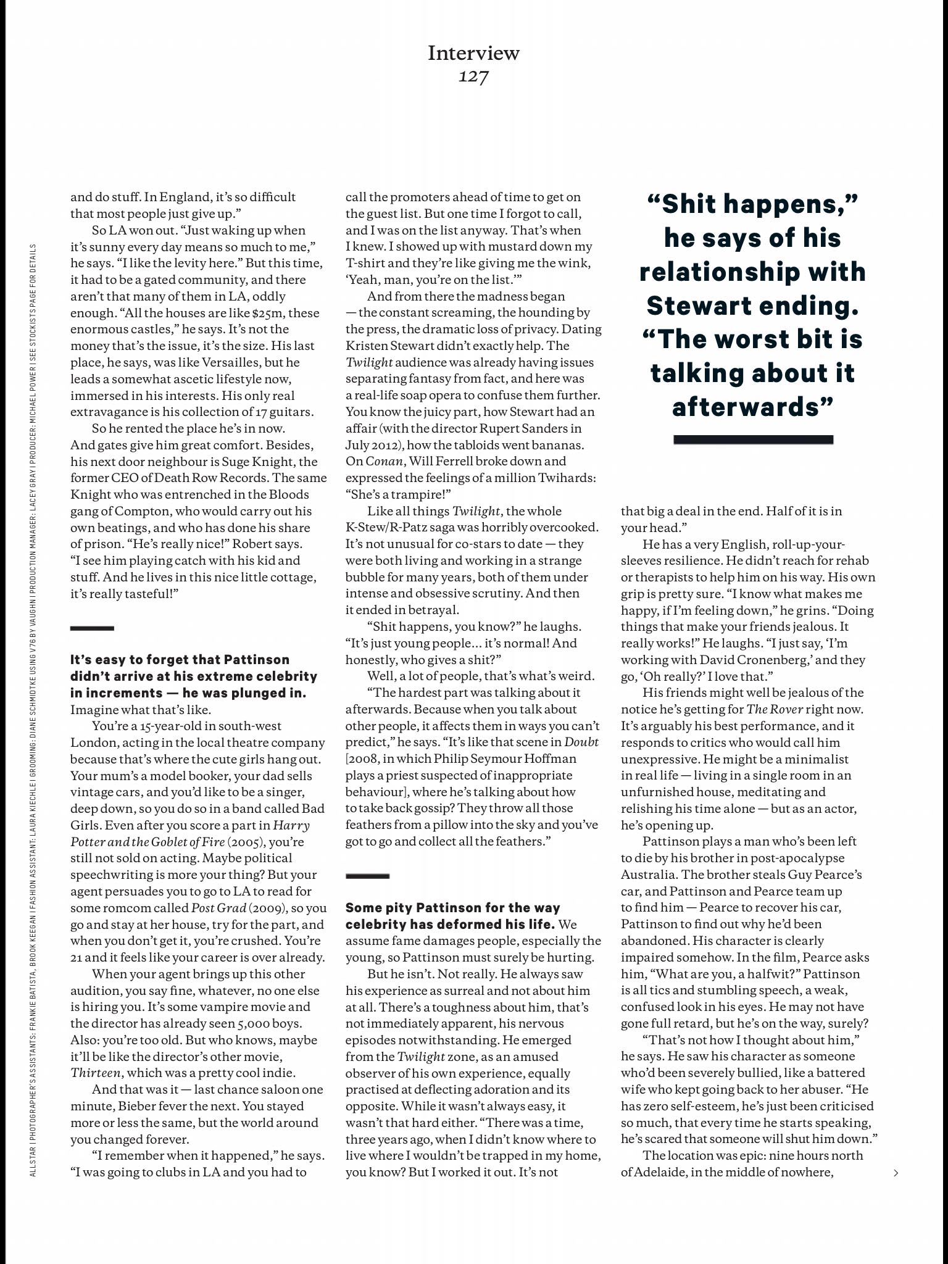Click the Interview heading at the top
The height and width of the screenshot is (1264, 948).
point(473,53)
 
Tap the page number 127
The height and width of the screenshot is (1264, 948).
point(473,77)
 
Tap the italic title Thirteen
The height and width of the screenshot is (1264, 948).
point(96,1073)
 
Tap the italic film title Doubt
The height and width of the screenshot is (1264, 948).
point(581,742)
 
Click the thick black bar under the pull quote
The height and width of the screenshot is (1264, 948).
point(753,440)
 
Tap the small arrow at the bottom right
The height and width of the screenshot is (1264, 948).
point(896,1173)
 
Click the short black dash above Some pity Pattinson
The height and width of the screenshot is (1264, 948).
point(367,876)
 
